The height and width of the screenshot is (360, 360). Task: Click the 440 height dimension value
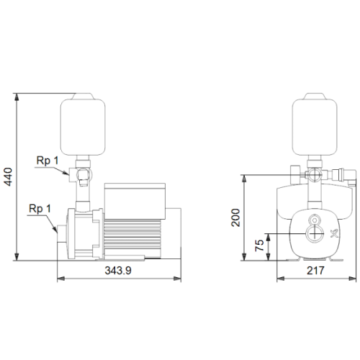point(9,176)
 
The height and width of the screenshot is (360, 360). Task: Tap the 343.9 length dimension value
point(118,271)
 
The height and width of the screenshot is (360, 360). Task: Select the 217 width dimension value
point(315,271)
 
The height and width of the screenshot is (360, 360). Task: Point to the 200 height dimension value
point(235,217)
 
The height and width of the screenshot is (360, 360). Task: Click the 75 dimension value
point(259,246)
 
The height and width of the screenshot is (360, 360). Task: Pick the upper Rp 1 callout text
point(48,161)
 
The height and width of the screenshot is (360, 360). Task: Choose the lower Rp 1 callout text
point(40,209)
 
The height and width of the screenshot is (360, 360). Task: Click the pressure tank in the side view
point(83,125)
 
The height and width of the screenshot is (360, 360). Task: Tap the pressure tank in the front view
point(315,125)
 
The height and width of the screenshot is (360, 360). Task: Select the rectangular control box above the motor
point(135,201)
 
